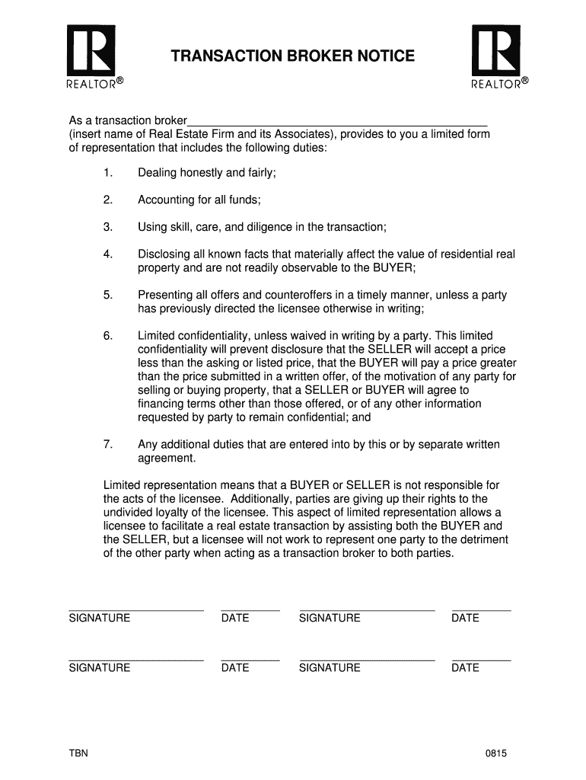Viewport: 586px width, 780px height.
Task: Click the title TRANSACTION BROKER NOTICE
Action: tap(293, 56)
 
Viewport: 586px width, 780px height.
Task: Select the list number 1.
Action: tap(107, 173)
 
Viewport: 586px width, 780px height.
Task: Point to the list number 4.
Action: tap(107, 254)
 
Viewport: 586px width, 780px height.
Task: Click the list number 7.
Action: tap(107, 444)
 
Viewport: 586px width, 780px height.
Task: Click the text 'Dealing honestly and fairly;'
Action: tap(206, 173)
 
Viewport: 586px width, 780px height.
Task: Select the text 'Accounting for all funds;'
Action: tap(199, 200)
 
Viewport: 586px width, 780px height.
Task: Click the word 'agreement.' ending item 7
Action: tap(167, 458)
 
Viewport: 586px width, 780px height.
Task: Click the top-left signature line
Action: tap(135, 609)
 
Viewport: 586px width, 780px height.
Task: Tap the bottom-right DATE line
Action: tap(481, 659)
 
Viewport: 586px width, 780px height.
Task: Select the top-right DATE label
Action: tap(465, 618)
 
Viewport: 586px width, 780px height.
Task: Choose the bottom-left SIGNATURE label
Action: tap(99, 667)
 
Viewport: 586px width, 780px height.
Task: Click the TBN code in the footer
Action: tap(78, 753)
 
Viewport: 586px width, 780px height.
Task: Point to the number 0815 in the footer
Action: tap(496, 753)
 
